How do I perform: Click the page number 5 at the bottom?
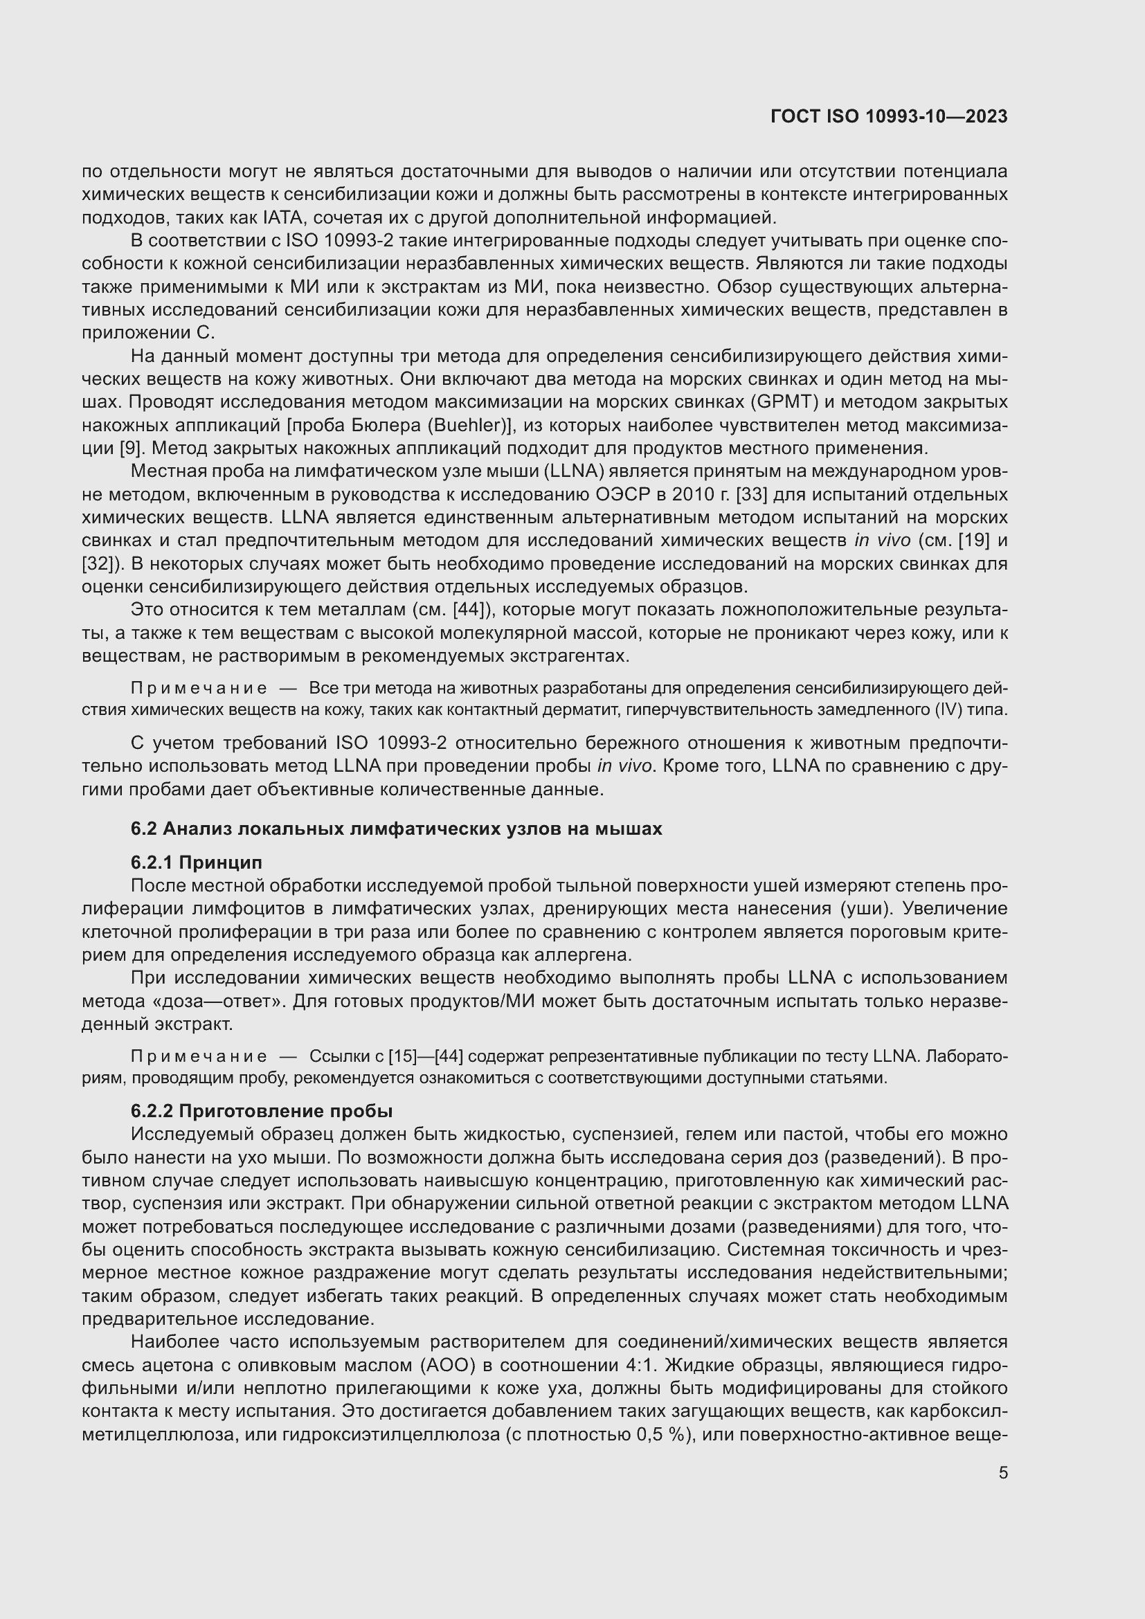(x=1002, y=1473)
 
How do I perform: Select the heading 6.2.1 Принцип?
(x=196, y=862)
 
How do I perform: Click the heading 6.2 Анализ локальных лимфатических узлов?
(x=396, y=829)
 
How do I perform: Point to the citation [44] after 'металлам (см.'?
(x=474, y=610)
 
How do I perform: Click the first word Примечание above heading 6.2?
(x=199, y=688)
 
